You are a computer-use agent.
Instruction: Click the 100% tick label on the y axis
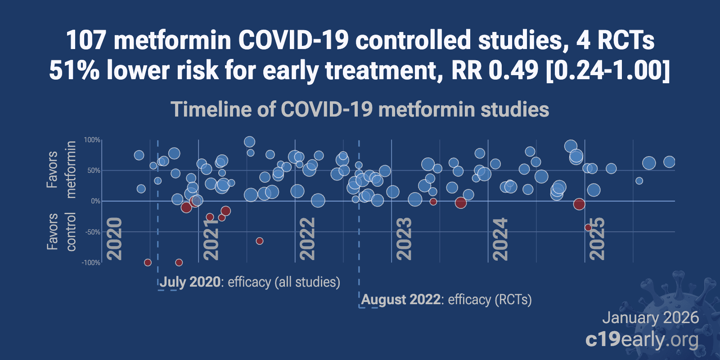pos(92,140)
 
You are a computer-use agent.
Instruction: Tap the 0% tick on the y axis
pos(95,201)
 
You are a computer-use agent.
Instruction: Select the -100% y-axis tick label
pos(91,263)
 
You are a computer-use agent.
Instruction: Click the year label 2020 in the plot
pos(115,238)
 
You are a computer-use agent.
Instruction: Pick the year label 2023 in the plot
pos(404,238)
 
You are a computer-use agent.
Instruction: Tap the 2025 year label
pos(597,238)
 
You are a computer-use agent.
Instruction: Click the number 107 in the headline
pos(85,40)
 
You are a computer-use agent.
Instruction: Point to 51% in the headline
pos(74,71)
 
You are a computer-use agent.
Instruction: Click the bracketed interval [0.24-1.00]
pos(607,71)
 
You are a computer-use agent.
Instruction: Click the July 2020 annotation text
pos(190,282)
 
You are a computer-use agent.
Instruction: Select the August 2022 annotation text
pos(400,300)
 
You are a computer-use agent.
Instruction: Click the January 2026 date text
pos(650,318)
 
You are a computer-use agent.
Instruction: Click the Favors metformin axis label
pos(61,170)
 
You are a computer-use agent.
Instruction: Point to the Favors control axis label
pos(61,232)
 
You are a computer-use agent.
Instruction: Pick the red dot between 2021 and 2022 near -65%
pos(260,241)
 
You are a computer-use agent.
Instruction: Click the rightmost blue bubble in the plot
pos(669,162)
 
